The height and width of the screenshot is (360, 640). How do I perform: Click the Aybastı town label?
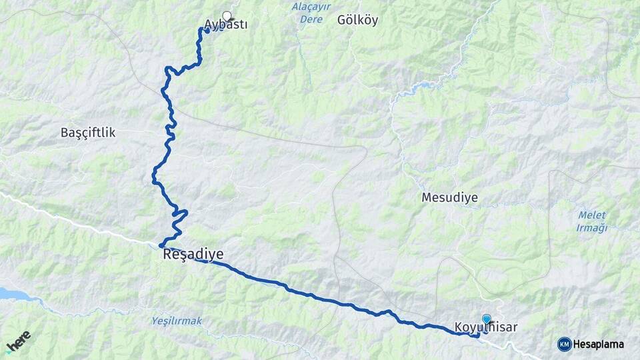(x=226, y=25)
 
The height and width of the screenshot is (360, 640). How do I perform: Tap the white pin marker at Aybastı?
(x=227, y=16)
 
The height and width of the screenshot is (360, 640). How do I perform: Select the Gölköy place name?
(x=357, y=20)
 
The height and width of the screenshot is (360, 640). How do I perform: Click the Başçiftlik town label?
(x=88, y=133)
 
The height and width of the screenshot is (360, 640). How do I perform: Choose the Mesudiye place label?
(x=449, y=197)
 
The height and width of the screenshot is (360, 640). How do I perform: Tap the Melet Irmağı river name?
(x=592, y=221)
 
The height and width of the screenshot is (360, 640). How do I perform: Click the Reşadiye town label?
(x=193, y=254)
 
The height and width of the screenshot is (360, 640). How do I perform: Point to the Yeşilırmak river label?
(x=176, y=321)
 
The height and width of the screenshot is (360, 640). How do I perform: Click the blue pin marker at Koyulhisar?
(x=486, y=319)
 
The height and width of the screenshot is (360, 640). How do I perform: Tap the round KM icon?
(x=564, y=344)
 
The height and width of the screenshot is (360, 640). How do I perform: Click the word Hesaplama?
(x=598, y=344)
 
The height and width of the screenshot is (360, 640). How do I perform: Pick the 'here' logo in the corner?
(x=18, y=342)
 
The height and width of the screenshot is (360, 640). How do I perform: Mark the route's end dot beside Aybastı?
(x=207, y=30)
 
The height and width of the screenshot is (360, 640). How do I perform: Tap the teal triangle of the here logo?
(x=8, y=351)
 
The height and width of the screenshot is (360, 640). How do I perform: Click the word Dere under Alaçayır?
(x=311, y=20)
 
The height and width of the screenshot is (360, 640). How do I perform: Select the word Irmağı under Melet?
(x=592, y=228)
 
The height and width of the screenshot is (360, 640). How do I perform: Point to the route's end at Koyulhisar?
(x=478, y=335)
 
